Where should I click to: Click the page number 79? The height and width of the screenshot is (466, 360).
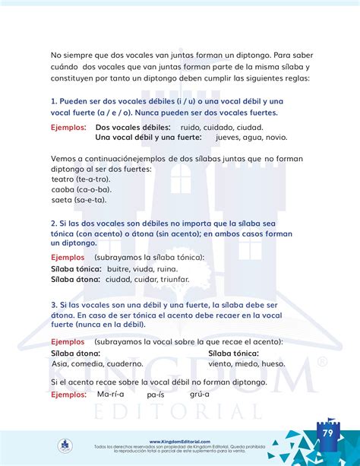click(327, 433)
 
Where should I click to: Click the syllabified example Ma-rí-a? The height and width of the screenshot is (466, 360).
click(111, 395)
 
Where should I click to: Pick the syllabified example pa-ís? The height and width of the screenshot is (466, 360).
click(156, 395)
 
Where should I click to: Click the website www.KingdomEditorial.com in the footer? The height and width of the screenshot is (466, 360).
click(180, 441)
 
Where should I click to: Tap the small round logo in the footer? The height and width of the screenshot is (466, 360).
click(65, 445)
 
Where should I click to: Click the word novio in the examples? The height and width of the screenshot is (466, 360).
click(276, 138)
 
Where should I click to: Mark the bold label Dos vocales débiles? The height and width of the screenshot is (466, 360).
click(133, 127)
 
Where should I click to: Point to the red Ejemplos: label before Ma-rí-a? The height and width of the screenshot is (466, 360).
click(68, 395)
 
